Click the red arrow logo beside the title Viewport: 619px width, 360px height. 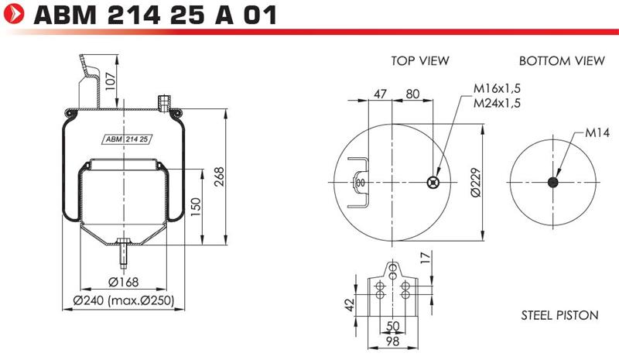(14, 14)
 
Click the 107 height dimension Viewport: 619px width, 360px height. (111, 81)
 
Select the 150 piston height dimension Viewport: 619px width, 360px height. (196, 207)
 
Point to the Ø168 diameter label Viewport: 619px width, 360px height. (124, 282)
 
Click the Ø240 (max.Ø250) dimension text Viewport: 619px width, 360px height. (124, 300)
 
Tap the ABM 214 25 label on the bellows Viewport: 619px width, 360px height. (127, 139)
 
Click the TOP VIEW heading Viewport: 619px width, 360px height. (420, 61)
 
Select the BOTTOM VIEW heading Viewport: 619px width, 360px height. (562, 61)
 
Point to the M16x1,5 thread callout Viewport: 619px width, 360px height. (497, 88)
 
